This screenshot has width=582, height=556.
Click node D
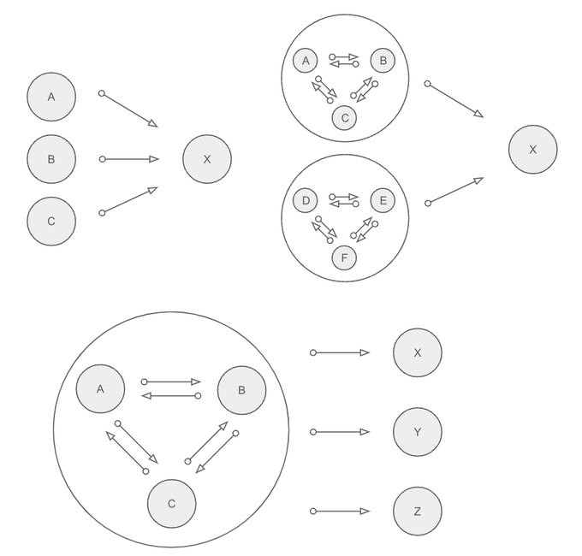pyautogui.click(x=306, y=201)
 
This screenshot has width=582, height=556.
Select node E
pyautogui.click(x=383, y=201)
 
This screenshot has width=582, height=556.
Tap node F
pyautogui.click(x=344, y=257)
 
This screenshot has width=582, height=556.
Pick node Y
pyautogui.click(x=418, y=432)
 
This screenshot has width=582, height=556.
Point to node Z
pyautogui.click(x=418, y=512)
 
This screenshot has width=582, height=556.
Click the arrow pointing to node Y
pyautogui.click(x=341, y=432)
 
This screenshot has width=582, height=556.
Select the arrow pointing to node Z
pyautogui.click(x=341, y=512)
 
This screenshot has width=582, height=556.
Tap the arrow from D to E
pyautogui.click(x=344, y=196)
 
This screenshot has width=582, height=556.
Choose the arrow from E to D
pyautogui.click(x=344, y=204)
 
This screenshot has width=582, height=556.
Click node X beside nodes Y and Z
pyautogui.click(x=418, y=352)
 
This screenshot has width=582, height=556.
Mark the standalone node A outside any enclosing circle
pyautogui.click(x=51, y=97)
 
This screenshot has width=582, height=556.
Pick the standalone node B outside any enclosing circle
pyautogui.click(x=51, y=159)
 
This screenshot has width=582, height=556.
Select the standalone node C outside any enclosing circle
pyautogui.click(x=51, y=221)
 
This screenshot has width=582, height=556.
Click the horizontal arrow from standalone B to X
pyautogui.click(x=129, y=159)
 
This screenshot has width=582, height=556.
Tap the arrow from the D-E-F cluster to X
pyautogui.click(x=454, y=191)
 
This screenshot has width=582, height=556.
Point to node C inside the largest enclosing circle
pyautogui.click(x=171, y=503)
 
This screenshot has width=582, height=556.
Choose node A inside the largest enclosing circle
pyautogui.click(x=100, y=388)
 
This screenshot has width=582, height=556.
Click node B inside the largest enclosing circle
pyautogui.click(x=241, y=390)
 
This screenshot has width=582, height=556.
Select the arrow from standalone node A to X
pyautogui.click(x=129, y=109)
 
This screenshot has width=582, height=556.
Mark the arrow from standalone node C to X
pyautogui.click(x=129, y=200)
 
